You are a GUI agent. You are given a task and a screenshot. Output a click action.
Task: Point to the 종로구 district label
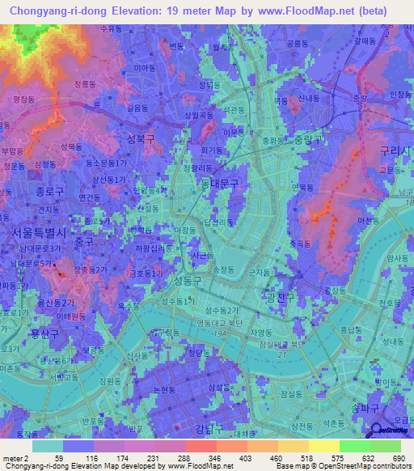(x=27, y=193)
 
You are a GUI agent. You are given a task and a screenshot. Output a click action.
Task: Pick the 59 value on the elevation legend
(x=58, y=459)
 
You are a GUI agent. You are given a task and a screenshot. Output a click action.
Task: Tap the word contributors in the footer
(x=384, y=466)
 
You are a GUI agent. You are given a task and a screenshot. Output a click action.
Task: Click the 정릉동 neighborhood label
(x=82, y=83)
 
